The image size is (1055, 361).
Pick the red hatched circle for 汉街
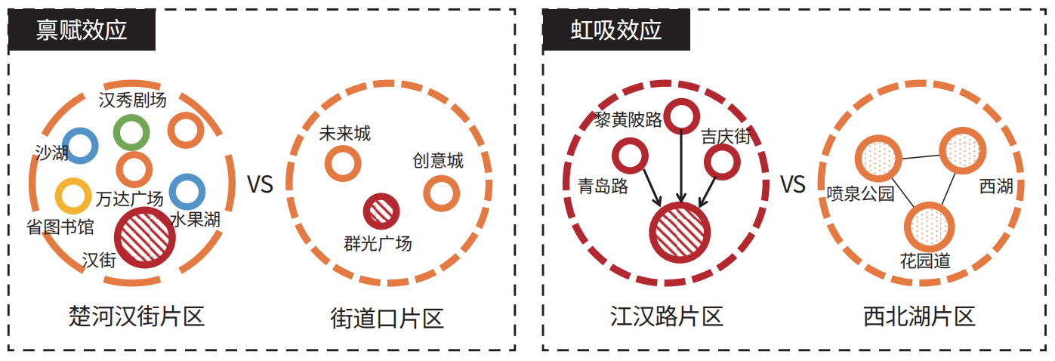144,237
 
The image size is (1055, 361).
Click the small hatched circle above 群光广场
381,211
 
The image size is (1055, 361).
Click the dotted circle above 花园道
929,227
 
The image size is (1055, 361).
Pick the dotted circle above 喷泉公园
878,159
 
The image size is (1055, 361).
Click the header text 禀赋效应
82,30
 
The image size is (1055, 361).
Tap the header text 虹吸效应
616,30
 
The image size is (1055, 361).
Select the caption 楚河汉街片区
137,316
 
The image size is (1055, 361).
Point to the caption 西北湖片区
919,316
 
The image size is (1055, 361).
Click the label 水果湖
195,220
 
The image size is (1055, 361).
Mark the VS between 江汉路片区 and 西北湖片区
793,184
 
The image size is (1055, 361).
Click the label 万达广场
130,199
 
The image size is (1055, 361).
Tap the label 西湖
996,187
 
